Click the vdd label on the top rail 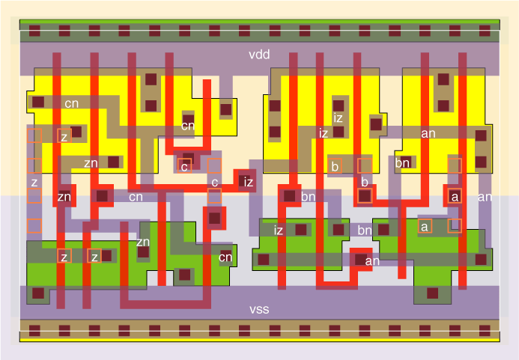259,55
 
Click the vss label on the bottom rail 259,309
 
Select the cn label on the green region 225,258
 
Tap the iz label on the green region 279,230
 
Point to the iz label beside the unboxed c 249,182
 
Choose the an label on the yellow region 428,134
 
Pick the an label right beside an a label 485,197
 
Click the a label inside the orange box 425,225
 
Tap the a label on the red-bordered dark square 454,197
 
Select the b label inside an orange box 335,166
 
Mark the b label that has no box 365,183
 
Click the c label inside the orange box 184,166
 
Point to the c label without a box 214,183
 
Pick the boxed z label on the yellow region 64,137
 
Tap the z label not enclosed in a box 34,182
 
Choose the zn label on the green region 142,242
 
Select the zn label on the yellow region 91,162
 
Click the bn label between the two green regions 365,230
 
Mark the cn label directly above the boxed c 188,125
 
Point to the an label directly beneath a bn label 372,260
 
